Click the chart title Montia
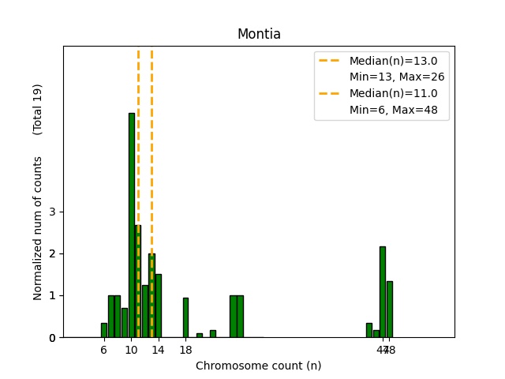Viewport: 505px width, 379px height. [259, 34]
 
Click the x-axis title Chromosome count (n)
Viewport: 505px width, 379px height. [258, 366]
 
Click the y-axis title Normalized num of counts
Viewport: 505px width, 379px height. [38, 228]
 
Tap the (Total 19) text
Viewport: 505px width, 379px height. [38, 109]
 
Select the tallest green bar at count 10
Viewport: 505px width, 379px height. [131, 225]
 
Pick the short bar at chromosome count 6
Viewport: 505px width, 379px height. [104, 330]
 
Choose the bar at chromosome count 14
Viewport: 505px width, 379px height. [159, 306]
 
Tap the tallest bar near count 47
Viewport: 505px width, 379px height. [383, 291]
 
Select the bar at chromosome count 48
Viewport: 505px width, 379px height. [390, 309]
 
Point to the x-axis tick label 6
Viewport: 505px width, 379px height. [104, 349]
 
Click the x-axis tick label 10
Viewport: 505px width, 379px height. [131, 349]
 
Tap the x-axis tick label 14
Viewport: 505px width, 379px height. [158, 349]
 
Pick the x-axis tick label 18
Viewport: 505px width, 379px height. [185, 349]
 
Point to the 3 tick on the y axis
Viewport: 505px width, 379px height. [53, 212]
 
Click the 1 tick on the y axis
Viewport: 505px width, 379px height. [53, 295]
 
